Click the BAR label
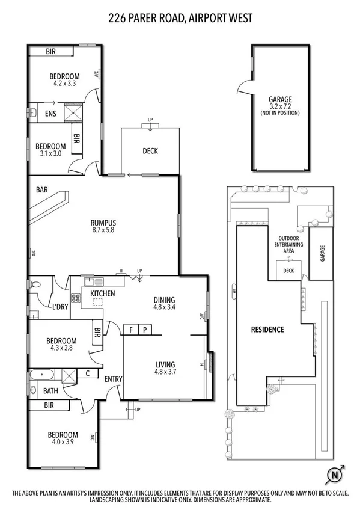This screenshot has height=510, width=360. click(41, 189)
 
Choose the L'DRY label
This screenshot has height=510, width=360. click(59, 307)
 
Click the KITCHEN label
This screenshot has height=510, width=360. click(102, 293)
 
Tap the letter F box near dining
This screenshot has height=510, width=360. click(130, 329)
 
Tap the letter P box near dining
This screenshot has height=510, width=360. click(144, 329)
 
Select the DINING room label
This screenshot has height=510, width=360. click(164, 300)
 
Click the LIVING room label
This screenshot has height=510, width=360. click(165, 364)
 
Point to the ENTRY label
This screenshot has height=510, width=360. click(113, 378)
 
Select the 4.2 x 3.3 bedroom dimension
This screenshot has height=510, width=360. click(64, 84)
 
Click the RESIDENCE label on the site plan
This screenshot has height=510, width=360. click(267, 330)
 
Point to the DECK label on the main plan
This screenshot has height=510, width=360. click(150, 151)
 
